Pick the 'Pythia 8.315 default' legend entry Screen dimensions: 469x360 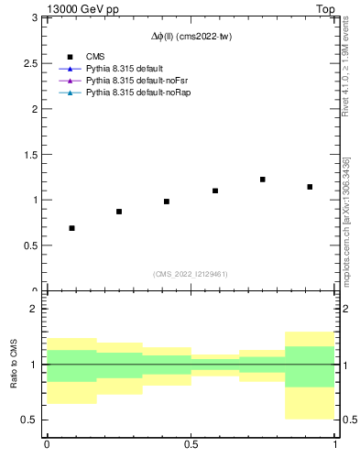click(x=125, y=70)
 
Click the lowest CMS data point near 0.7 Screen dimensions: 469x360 click(x=71, y=228)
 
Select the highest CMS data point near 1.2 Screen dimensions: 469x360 click(x=263, y=180)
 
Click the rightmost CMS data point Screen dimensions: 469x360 click(x=311, y=187)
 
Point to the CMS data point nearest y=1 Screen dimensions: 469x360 click(x=167, y=202)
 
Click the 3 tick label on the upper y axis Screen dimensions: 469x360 click(x=33, y=17)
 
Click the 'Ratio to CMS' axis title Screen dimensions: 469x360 click(x=14, y=364)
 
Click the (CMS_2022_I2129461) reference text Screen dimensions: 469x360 click(x=191, y=273)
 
